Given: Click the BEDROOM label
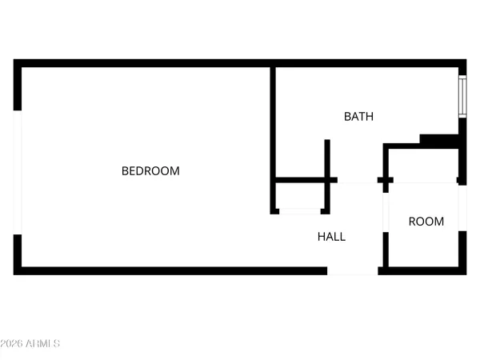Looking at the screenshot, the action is click(150, 171).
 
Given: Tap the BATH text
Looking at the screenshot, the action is click(358, 117).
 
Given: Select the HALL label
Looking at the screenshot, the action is click(331, 237).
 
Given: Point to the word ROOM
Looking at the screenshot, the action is click(426, 222).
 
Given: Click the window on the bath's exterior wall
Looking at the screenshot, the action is click(462, 97).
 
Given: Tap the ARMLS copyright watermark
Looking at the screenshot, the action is click(30, 343).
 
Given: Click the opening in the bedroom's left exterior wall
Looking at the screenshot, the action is click(18, 172).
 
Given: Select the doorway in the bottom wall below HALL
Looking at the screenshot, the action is click(353, 270).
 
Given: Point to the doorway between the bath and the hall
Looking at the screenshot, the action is click(358, 180).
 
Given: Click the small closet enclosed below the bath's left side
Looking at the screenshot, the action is click(300, 196).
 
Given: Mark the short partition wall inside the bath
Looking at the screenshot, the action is click(327, 159).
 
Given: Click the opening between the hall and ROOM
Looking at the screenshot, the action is click(386, 212).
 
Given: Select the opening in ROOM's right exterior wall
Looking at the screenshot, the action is click(462, 208).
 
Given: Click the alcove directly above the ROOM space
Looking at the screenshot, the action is click(424, 163).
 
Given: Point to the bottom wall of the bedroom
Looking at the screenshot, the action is click(170, 270).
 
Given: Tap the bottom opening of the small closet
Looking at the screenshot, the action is click(300, 211).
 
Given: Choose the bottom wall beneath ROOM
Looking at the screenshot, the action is click(422, 270).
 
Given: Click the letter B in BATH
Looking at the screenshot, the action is click(348, 117).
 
